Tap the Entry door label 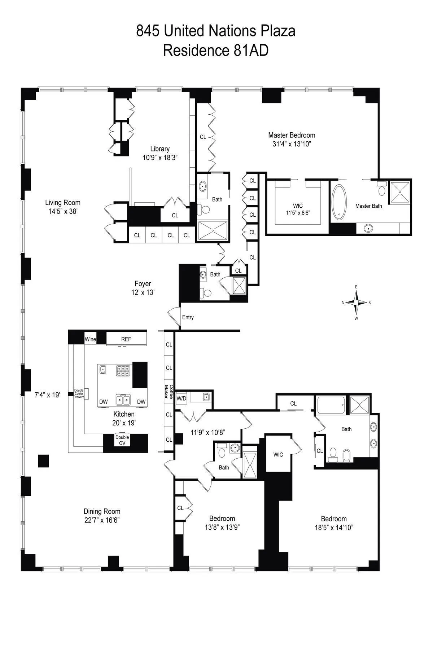click(x=188, y=317)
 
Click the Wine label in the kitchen click(x=90, y=339)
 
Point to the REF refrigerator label click(x=126, y=339)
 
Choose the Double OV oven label click(x=122, y=440)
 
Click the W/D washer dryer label click(x=181, y=398)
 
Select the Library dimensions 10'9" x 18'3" click(x=160, y=157)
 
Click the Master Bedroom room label click(x=292, y=135)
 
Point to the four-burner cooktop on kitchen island click(x=123, y=371)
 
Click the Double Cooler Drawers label click(x=79, y=393)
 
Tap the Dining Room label click(x=102, y=511)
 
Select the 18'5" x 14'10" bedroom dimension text click(x=334, y=527)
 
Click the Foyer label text click(x=143, y=284)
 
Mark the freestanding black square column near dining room click(x=44, y=461)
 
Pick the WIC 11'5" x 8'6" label click(x=298, y=209)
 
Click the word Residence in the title click(x=194, y=50)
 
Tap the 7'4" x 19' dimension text click(x=47, y=395)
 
